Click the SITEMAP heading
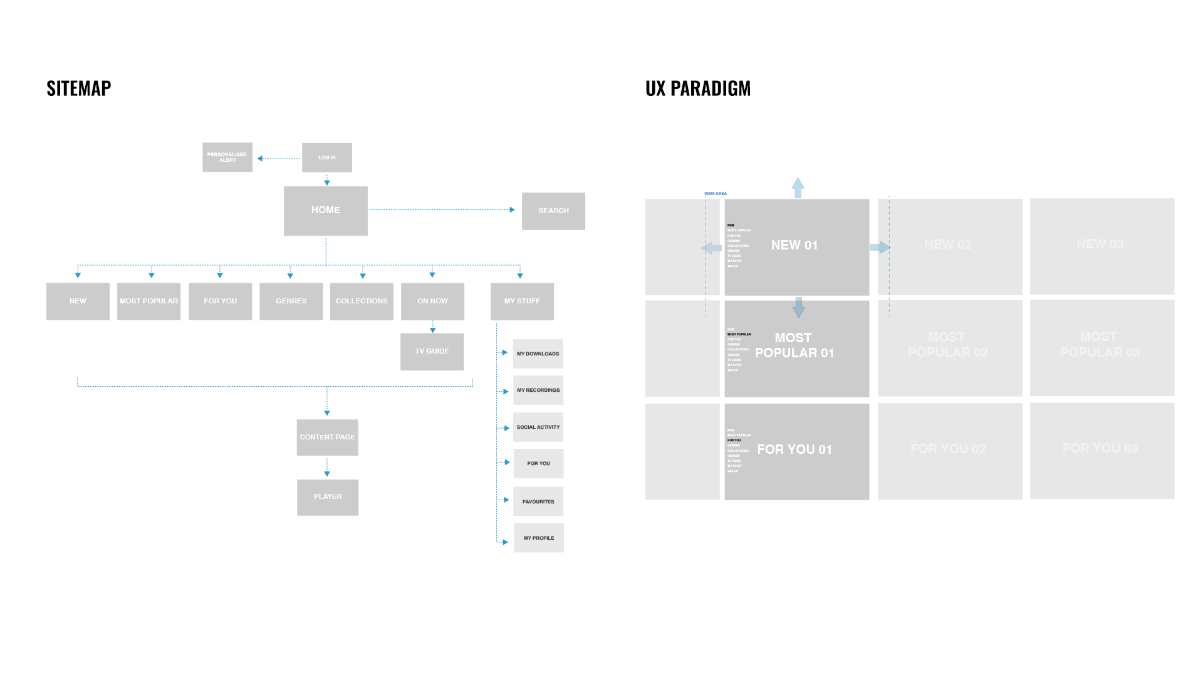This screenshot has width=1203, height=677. tap(79, 88)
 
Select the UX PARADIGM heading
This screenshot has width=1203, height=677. tap(698, 88)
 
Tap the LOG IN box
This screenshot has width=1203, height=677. tap(327, 157)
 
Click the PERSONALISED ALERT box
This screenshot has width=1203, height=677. tap(227, 157)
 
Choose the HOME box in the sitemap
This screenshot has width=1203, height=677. tap(326, 211)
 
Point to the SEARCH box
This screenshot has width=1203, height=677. tap(553, 211)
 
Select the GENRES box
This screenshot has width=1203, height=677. tap(291, 302)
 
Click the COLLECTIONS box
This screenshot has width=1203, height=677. tap(362, 302)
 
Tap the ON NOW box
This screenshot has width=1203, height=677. tap(432, 302)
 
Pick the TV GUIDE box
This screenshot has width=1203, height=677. tap(432, 352)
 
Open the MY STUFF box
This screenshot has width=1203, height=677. tap(522, 302)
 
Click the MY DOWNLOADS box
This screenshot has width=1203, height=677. tap(538, 354)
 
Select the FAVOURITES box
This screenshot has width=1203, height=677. tap(538, 501)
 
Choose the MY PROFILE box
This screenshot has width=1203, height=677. tap(539, 538)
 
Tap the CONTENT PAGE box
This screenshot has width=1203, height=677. tap(328, 438)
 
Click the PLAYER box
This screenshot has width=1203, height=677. tap(328, 497)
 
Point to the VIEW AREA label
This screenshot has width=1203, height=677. tap(716, 194)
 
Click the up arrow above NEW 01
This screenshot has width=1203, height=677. tap(798, 187)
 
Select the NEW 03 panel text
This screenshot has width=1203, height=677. tap(1100, 244)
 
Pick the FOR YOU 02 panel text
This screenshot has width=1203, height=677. tap(948, 449)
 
